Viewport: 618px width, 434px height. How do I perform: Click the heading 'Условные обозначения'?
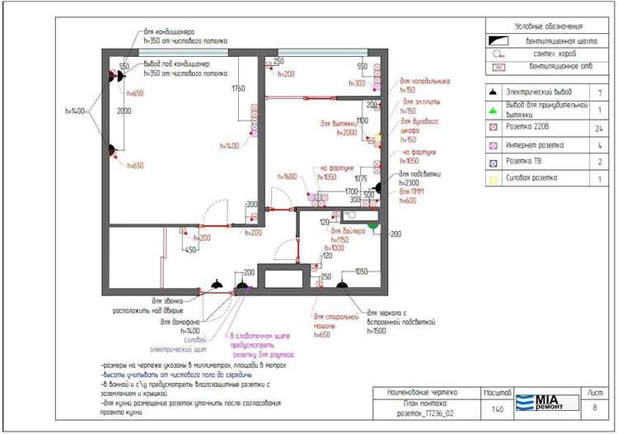541,27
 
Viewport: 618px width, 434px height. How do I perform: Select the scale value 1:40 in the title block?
498,408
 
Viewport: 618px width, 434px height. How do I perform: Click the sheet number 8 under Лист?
595,406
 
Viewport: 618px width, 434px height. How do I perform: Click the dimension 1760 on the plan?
239,88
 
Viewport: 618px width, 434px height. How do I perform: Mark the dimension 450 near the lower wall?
190,250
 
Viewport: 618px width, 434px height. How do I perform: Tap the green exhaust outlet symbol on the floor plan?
372,223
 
